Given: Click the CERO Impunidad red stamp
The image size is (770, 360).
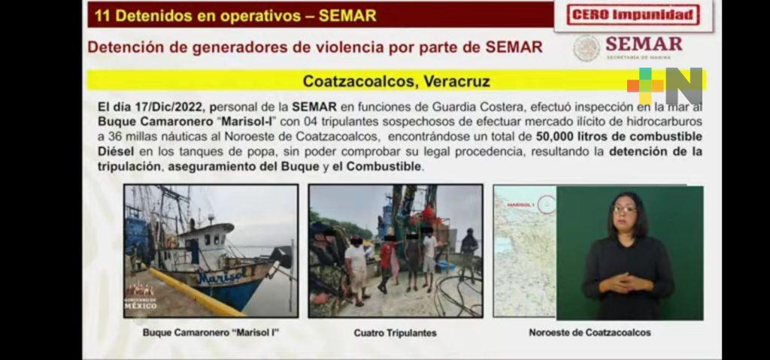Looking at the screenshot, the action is [x=633, y=15].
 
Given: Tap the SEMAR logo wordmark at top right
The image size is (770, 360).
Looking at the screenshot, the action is [x=644, y=44].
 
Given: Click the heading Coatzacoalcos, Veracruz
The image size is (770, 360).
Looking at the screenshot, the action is [x=396, y=81].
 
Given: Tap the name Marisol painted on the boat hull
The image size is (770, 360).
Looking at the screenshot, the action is [x=223, y=277].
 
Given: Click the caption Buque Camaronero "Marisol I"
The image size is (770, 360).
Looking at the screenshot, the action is [x=211, y=332].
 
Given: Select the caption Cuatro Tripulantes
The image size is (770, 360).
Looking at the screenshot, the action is [x=396, y=333].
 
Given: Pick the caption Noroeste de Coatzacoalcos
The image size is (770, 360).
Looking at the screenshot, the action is [x=590, y=332].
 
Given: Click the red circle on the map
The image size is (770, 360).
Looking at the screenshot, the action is [x=547, y=204].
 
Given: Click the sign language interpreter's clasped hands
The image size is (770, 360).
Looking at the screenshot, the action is [x=622, y=282].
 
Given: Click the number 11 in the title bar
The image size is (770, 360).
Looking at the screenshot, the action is [x=102, y=15].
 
